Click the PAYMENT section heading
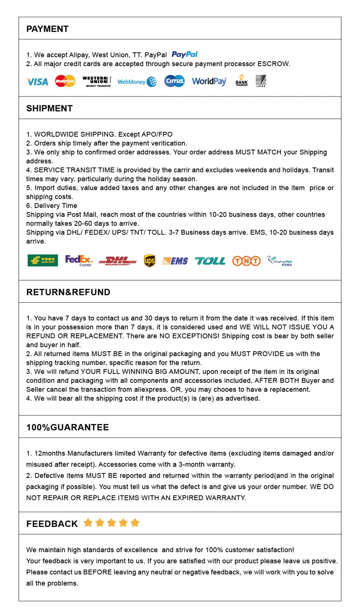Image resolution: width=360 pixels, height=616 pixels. (x=48, y=29)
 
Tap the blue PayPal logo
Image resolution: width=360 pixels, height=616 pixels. (x=184, y=55)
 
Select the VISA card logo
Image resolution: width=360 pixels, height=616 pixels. (x=37, y=82)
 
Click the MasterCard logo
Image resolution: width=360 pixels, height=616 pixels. (x=65, y=81)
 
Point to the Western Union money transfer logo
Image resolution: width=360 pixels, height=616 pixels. (x=97, y=81)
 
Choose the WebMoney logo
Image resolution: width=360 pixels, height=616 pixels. (x=137, y=82)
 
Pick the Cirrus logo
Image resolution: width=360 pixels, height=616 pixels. (x=174, y=81)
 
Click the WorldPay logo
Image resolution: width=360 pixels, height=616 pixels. (x=209, y=81)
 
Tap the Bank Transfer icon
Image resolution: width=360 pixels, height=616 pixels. (x=241, y=81)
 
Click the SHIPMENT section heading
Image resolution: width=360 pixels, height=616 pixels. (x=49, y=108)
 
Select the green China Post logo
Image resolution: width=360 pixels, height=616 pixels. (x=43, y=261)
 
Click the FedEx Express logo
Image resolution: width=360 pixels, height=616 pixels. (x=79, y=260)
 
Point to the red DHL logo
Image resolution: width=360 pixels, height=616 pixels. (x=117, y=261)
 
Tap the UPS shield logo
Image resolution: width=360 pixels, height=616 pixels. (x=150, y=261)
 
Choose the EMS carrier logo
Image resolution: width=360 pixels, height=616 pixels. (x=175, y=261)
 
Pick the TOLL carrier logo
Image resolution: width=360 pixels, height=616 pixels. (x=210, y=261)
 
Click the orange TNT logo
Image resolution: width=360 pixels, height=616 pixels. (x=246, y=261)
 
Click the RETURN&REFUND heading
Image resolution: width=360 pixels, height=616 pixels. (x=68, y=292)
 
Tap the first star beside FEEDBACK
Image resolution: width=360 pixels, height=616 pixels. (x=88, y=523)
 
